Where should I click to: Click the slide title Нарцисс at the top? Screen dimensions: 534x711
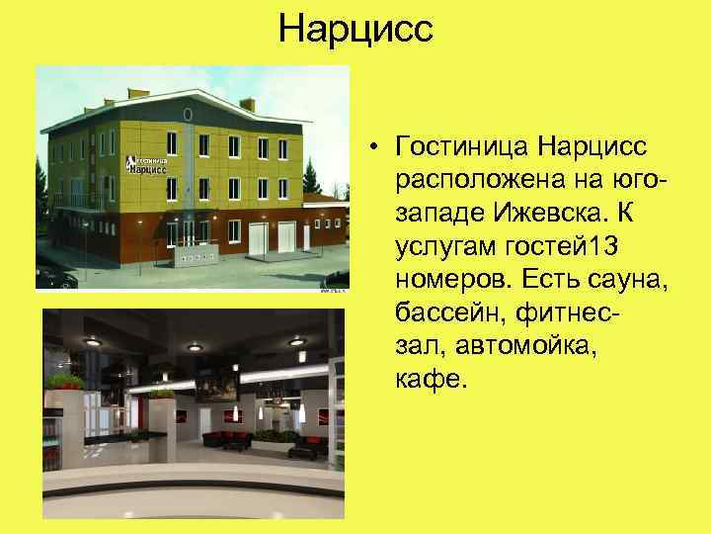tap(355, 29)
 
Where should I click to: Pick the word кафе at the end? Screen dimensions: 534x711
tap(427, 381)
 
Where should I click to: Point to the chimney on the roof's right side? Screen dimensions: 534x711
tap(248, 104)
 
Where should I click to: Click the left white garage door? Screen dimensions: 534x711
tap(256, 238)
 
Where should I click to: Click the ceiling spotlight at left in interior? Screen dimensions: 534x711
tap(95, 341)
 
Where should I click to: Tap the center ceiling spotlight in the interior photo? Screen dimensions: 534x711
tap(196, 347)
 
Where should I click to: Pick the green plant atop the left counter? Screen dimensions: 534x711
tap(67, 380)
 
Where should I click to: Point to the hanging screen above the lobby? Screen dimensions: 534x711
tap(211, 387)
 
